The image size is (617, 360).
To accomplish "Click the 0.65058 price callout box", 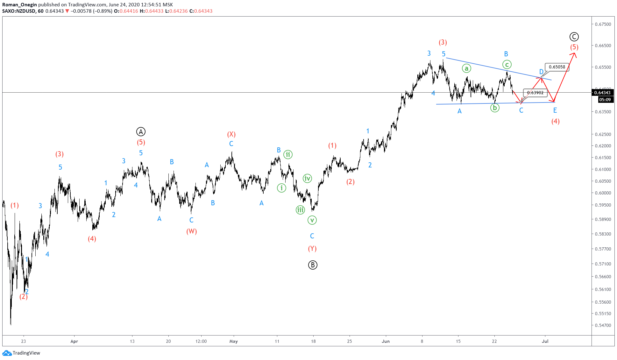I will (x=557, y=67).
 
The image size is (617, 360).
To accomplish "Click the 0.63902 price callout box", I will (x=535, y=93).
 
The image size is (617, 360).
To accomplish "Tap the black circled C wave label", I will (x=574, y=37).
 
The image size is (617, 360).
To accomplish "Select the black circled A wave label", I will (x=141, y=131).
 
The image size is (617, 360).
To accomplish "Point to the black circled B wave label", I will (x=313, y=265).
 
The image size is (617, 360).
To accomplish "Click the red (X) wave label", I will (x=231, y=134).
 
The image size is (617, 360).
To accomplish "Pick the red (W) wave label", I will (x=191, y=231).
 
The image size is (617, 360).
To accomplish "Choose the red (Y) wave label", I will (x=312, y=249).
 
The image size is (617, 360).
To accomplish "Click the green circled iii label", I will (x=300, y=210).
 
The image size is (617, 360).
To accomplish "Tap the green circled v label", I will (x=312, y=220).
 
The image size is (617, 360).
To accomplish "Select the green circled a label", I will (x=466, y=68).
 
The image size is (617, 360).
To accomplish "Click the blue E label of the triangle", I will (x=555, y=110).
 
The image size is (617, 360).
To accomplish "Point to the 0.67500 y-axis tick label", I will (x=603, y=24).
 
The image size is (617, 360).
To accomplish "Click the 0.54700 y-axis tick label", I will (x=603, y=325).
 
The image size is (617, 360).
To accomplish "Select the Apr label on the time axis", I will (x=74, y=341).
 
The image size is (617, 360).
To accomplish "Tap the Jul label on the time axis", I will (x=545, y=341).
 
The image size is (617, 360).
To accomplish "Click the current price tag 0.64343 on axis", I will (x=603, y=93).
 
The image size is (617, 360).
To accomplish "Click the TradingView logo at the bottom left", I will (x=21, y=353).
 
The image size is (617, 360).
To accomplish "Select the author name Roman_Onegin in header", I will (x=19, y=4).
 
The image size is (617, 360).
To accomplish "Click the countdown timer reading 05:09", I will (x=605, y=100).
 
